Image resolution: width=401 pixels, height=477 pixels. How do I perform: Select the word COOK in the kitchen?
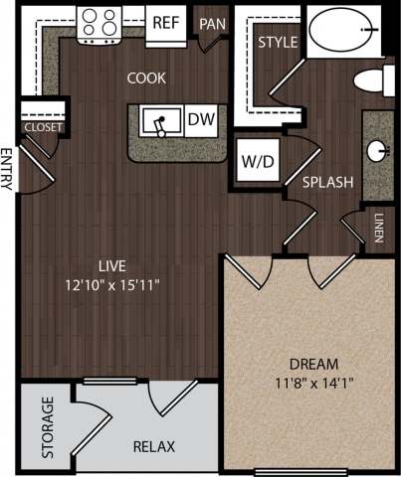coord(146,78)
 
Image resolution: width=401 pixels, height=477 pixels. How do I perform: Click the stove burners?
coord(100,23)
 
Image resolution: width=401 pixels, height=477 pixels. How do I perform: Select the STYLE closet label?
coord(279,44)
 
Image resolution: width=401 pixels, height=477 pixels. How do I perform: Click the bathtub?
coord(342,30)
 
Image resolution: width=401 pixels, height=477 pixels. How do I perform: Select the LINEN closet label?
coord(380,228)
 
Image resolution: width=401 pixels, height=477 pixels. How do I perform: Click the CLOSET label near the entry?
coord(44,127)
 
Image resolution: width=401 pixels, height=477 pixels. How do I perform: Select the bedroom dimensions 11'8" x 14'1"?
coord(314,383)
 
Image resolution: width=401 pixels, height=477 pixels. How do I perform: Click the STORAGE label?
coord(48,427)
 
